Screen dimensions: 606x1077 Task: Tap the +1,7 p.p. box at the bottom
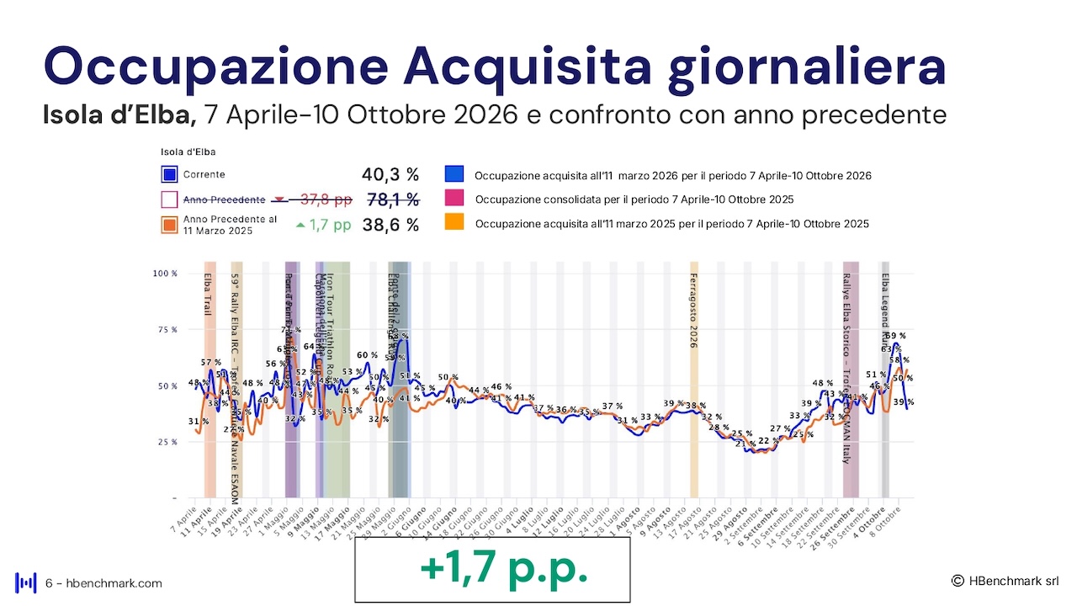click(492, 569)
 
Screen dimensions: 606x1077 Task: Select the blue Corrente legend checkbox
click(169, 175)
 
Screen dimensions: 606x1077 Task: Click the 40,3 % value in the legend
click(390, 175)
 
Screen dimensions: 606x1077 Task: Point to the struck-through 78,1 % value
click(393, 199)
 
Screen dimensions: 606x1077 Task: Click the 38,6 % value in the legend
click(390, 225)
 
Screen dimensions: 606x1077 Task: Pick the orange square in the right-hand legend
click(454, 223)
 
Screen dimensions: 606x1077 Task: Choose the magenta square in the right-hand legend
click(454, 199)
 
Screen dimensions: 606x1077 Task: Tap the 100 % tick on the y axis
click(165, 274)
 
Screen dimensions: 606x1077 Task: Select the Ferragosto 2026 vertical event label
click(693, 311)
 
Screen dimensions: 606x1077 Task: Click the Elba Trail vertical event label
click(208, 294)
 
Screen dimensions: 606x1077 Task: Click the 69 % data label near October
click(895, 337)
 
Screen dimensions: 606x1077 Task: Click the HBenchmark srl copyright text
click(1005, 581)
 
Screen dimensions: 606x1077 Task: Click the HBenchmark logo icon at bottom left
click(26, 582)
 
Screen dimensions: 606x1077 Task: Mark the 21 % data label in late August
click(741, 444)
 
